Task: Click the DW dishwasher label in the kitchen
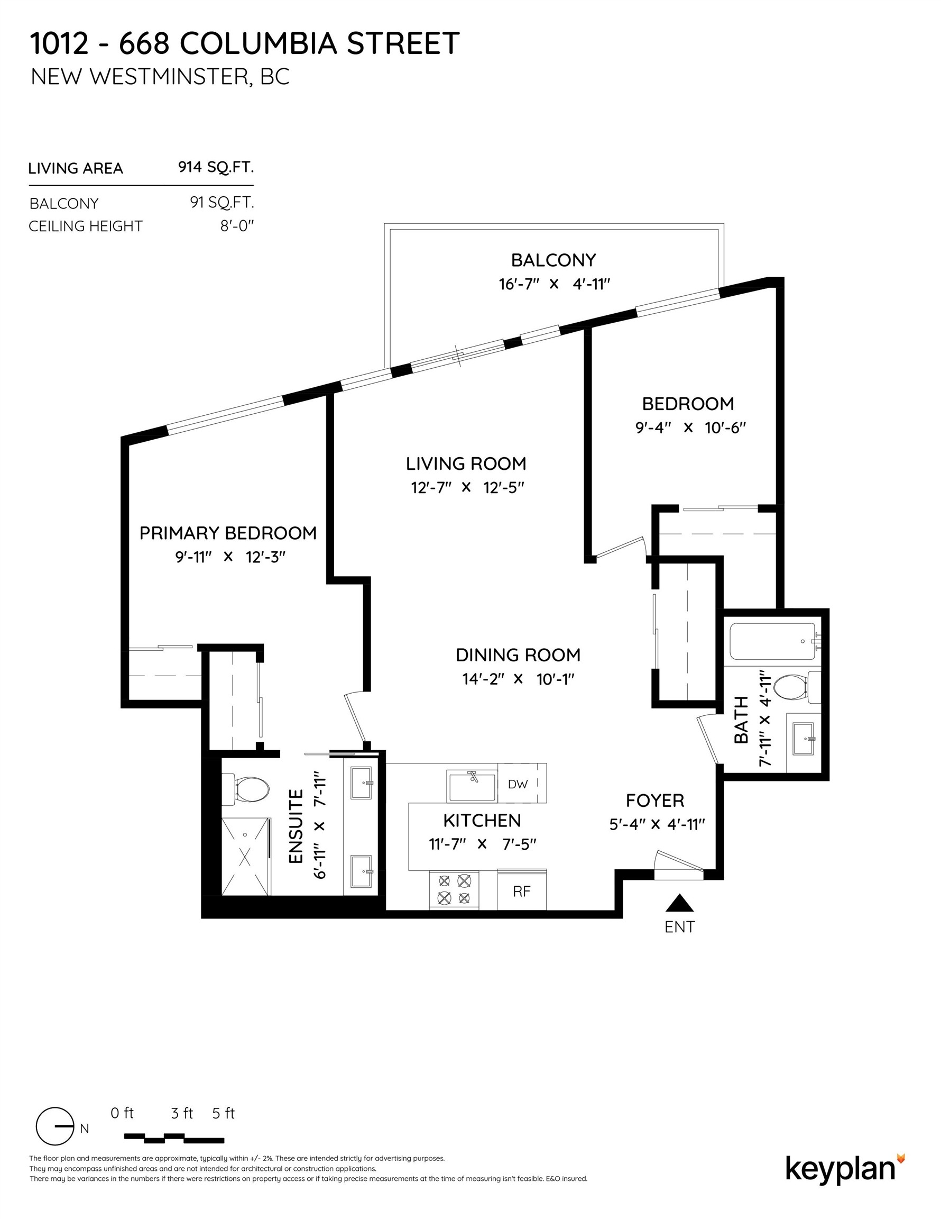(x=518, y=784)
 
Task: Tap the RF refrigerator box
(x=522, y=891)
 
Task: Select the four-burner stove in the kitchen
(x=454, y=890)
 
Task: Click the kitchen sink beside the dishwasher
(x=472, y=786)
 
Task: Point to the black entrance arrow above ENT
(x=679, y=903)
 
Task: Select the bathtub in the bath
(x=772, y=641)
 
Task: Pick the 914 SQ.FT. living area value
(x=216, y=167)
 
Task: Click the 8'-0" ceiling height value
(x=237, y=226)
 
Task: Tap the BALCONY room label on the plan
(x=553, y=260)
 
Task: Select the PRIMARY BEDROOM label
(x=227, y=533)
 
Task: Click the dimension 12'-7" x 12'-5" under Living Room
(x=467, y=488)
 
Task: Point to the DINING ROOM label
(x=518, y=654)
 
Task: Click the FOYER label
(x=655, y=801)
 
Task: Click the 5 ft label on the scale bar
(x=224, y=1113)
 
